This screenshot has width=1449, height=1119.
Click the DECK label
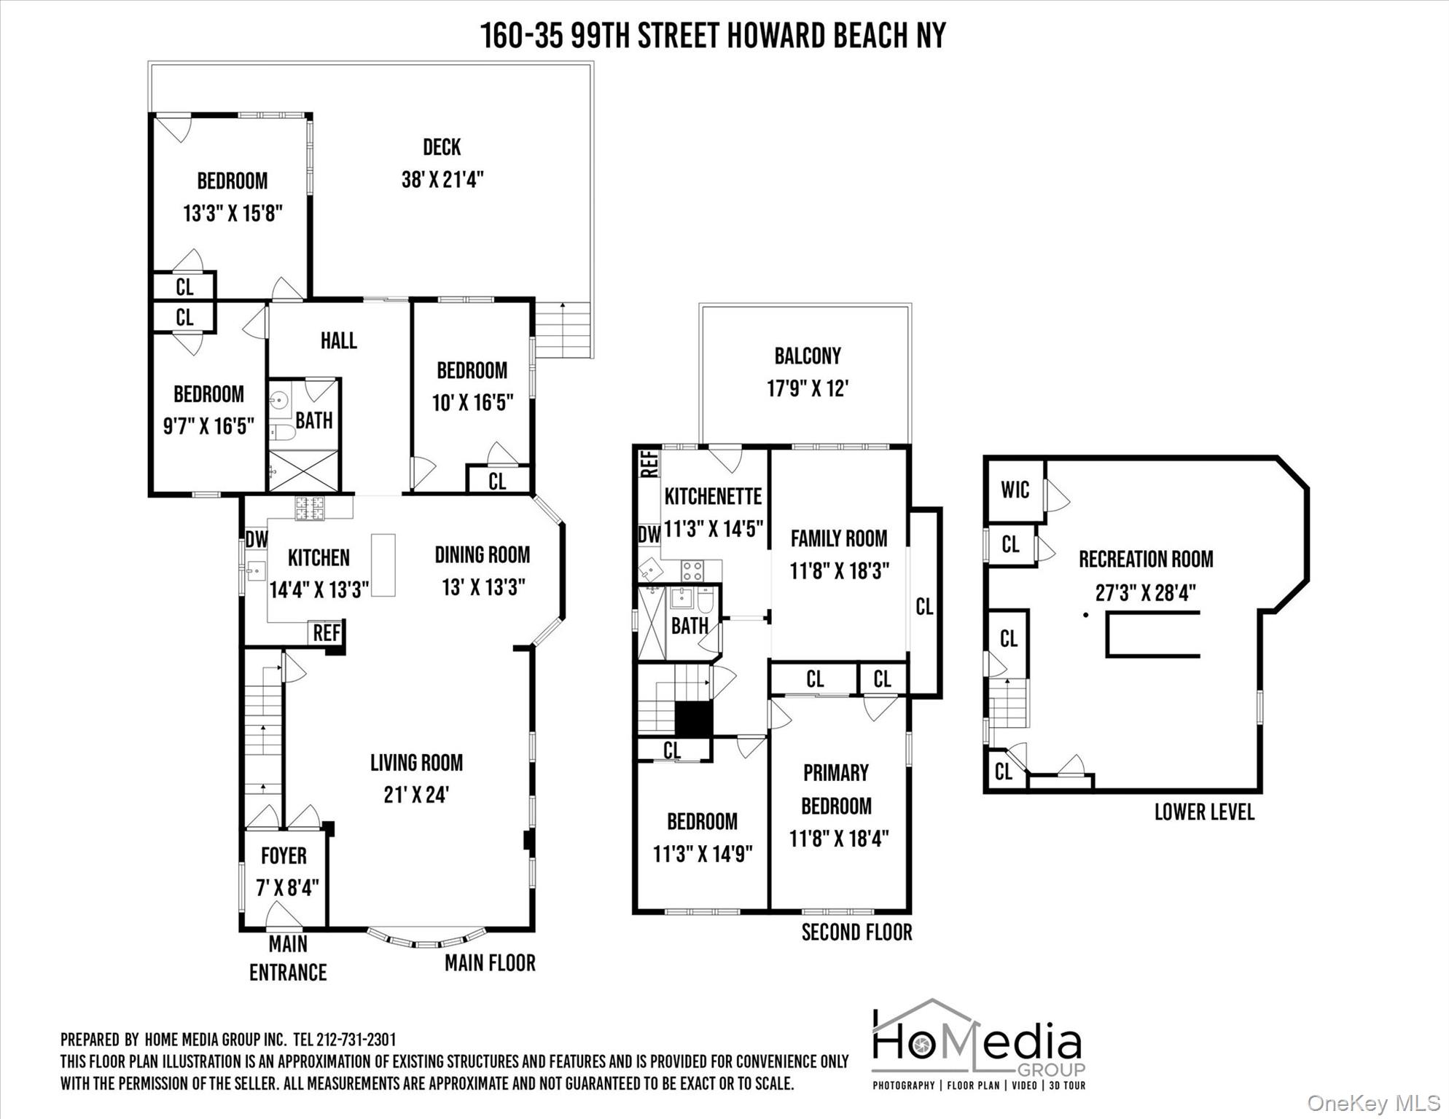(x=442, y=147)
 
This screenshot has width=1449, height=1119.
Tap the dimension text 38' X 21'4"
(x=442, y=179)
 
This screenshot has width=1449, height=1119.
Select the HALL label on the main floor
(x=339, y=340)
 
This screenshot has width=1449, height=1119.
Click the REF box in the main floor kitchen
(x=327, y=632)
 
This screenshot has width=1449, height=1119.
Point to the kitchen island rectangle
(x=383, y=565)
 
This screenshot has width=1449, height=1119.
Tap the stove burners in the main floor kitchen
(x=309, y=508)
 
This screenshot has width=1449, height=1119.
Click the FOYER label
(x=284, y=855)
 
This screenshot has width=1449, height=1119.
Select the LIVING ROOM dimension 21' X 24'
(x=416, y=794)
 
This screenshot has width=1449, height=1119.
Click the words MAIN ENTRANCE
(x=288, y=958)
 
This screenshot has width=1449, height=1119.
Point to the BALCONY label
(x=808, y=356)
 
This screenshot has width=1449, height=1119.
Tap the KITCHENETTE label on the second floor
(x=713, y=496)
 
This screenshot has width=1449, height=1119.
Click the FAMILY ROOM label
(x=839, y=538)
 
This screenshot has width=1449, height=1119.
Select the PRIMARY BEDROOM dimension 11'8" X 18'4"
(x=839, y=839)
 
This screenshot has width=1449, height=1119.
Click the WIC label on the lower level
(x=1015, y=490)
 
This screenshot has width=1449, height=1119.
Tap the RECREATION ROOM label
(x=1146, y=559)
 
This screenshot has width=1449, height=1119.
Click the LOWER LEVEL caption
(x=1204, y=812)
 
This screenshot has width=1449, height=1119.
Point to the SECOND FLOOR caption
(x=856, y=932)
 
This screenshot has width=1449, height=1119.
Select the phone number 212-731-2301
(x=356, y=1040)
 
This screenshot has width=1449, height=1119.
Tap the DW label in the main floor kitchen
(x=257, y=539)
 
